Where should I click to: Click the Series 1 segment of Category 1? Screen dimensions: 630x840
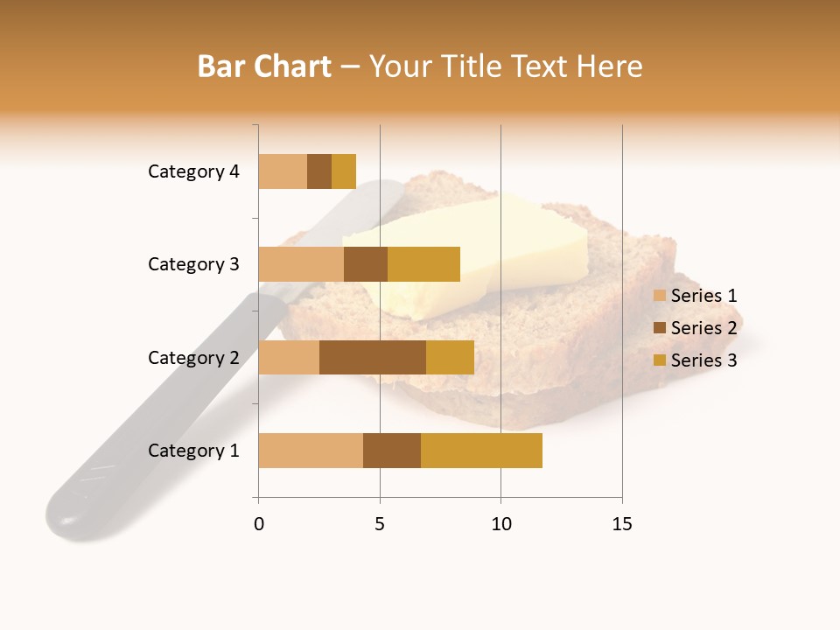coord(311,451)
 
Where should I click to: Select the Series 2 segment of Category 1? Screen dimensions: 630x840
coord(392,451)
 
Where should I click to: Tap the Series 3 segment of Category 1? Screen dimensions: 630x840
coord(481,451)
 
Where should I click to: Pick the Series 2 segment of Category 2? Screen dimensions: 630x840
coord(373,357)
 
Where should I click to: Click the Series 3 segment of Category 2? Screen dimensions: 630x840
coord(450,357)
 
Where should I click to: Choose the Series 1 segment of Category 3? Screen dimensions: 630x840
coord(301,264)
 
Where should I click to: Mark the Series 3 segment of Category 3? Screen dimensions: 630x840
coord(423,264)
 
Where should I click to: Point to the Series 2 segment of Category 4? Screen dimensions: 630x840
coord(319,171)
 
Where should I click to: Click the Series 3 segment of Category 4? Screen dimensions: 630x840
coord(344,171)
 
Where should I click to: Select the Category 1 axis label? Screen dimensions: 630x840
coord(193,451)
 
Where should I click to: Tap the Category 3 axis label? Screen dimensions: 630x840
coord(193,264)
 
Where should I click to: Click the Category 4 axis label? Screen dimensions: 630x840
coord(193,171)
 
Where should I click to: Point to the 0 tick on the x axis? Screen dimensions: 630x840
coord(259,524)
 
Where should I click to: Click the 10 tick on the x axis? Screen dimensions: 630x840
coord(500,524)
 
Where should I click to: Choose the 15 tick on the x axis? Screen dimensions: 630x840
coord(622,524)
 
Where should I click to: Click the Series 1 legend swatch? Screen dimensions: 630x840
coord(660,296)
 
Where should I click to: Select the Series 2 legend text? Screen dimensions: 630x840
coord(703,328)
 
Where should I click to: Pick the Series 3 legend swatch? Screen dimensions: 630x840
coord(660,360)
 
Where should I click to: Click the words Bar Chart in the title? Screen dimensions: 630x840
coord(264,66)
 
